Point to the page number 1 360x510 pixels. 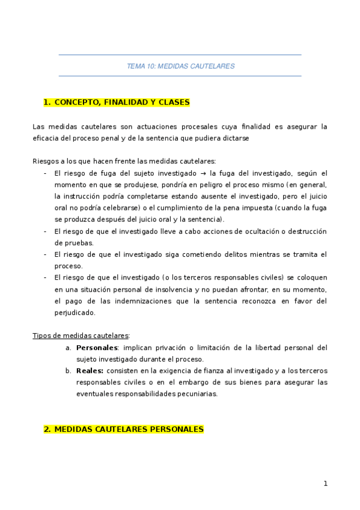[x=325, y=483]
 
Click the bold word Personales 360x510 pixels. [x=96, y=348]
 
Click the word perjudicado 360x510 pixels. [x=74, y=313]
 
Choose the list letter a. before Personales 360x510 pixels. [x=68, y=348]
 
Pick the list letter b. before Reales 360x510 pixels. [x=68, y=370]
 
